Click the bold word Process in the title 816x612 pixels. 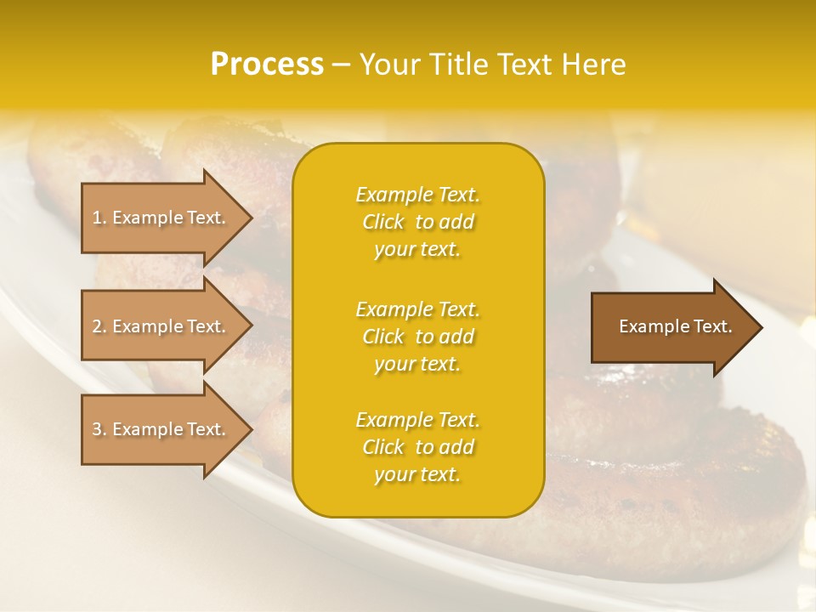click(267, 65)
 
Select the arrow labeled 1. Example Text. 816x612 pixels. click(161, 218)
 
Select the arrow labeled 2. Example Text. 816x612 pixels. click(161, 326)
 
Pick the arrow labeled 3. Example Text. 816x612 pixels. click(161, 429)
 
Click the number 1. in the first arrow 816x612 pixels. click(99, 218)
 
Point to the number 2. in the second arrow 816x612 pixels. click(99, 326)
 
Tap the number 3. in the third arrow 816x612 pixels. click(99, 429)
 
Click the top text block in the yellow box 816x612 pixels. click(417, 222)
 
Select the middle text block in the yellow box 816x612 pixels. click(417, 337)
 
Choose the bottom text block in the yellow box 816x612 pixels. click(417, 447)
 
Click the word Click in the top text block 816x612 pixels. click(383, 223)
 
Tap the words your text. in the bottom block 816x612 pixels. click(417, 475)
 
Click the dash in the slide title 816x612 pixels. click(341, 65)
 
